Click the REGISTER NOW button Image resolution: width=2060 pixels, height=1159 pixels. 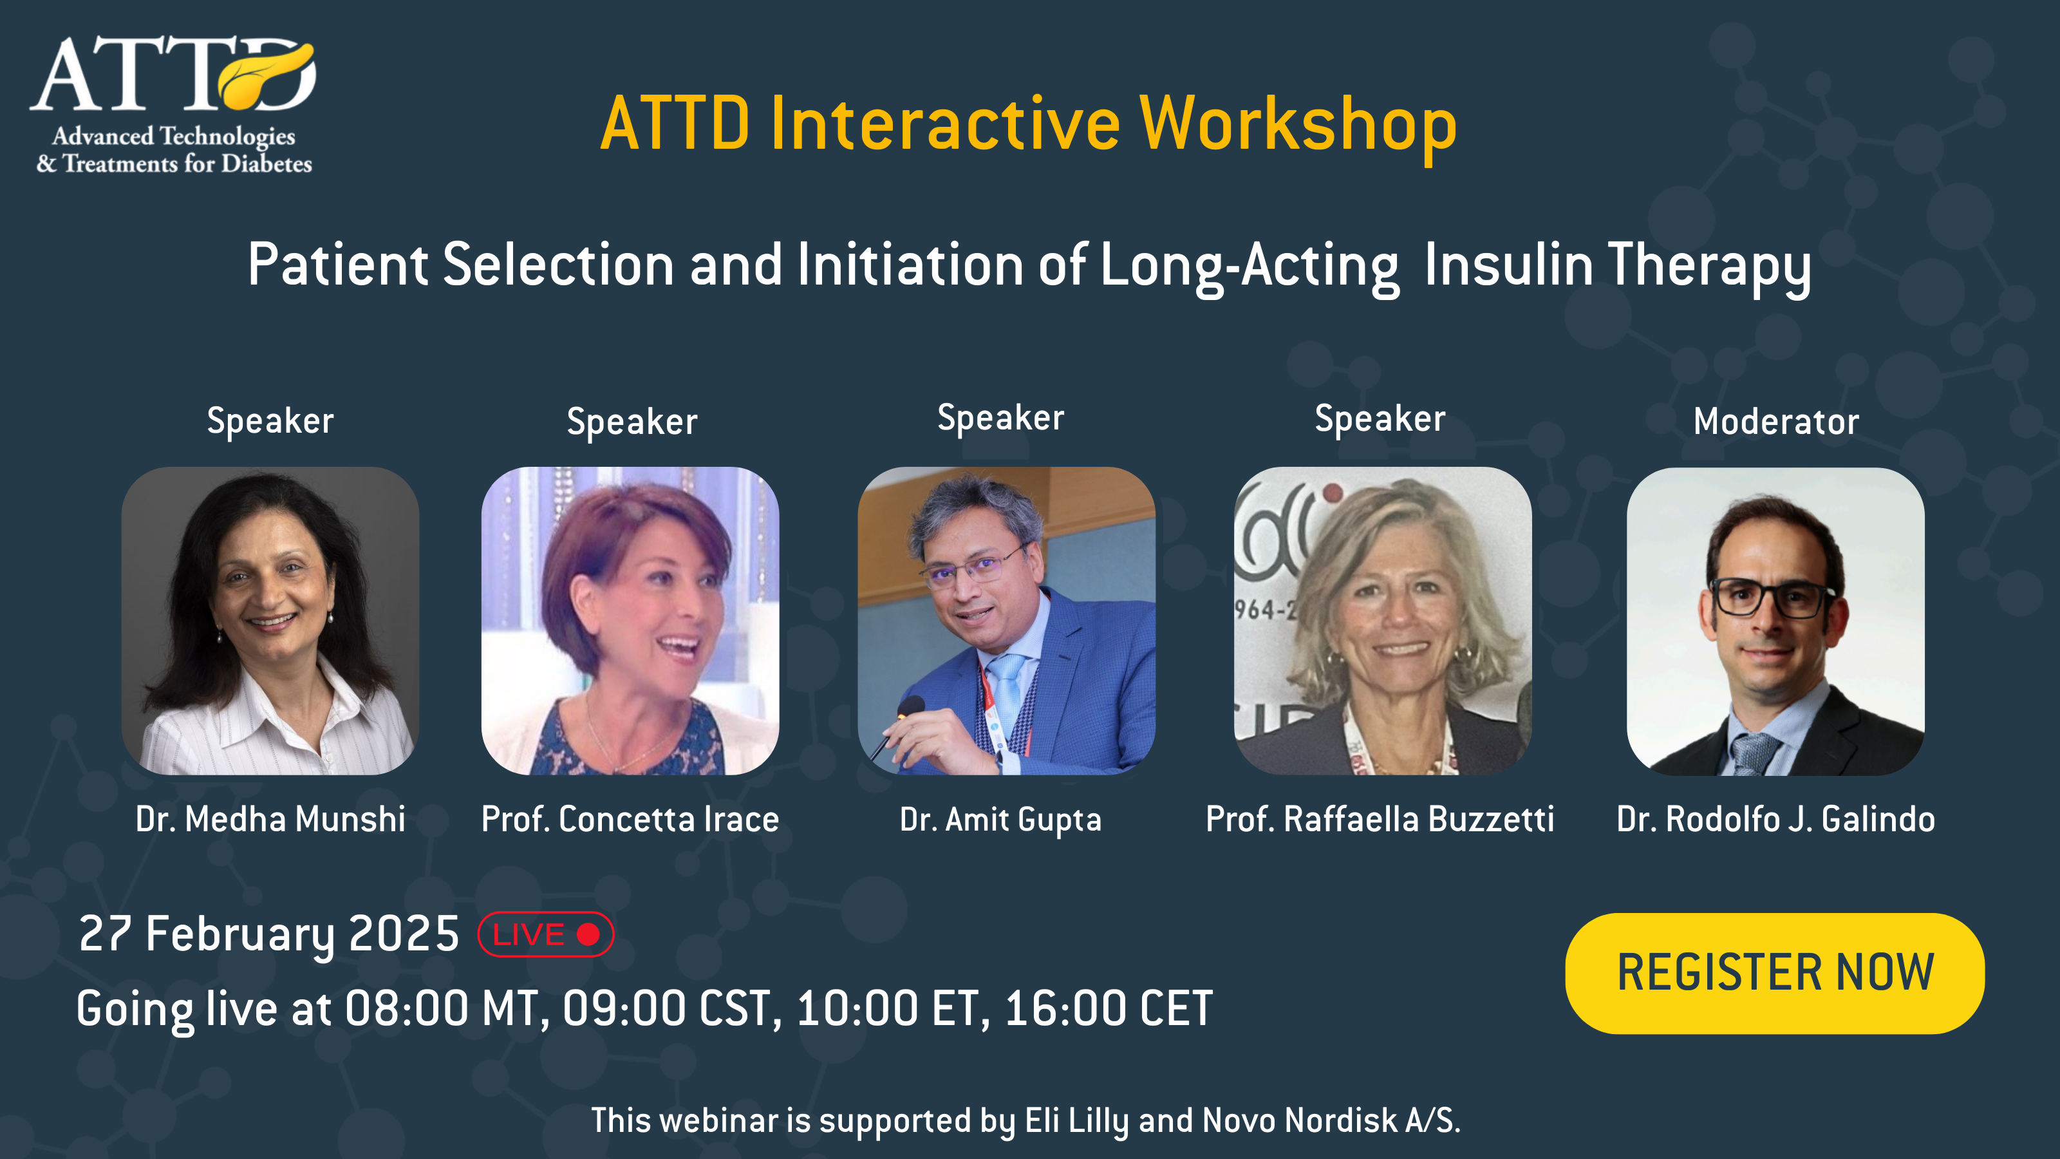[x=1775, y=973]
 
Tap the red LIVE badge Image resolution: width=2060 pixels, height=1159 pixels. [x=545, y=934]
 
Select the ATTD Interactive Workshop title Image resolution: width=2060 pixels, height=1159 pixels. [x=1029, y=124]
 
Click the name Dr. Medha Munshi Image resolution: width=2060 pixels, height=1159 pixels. [x=270, y=819]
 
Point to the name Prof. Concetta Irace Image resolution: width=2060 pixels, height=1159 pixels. [x=630, y=819]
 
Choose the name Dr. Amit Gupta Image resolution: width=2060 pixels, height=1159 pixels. [x=1000, y=820]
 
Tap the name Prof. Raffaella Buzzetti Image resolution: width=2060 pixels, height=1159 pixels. [x=1380, y=819]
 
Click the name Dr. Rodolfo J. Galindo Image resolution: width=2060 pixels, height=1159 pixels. [x=1775, y=819]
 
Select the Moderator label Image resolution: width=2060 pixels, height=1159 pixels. [x=1776, y=422]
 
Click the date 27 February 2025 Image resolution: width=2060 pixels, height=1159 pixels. [x=268, y=934]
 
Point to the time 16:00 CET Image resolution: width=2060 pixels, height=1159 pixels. [x=1109, y=1008]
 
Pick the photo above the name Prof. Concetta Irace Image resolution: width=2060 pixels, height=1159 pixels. [x=630, y=621]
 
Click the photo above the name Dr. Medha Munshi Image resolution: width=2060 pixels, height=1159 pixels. [x=270, y=621]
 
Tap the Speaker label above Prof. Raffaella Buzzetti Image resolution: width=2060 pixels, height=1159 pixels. [x=1380, y=419]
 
